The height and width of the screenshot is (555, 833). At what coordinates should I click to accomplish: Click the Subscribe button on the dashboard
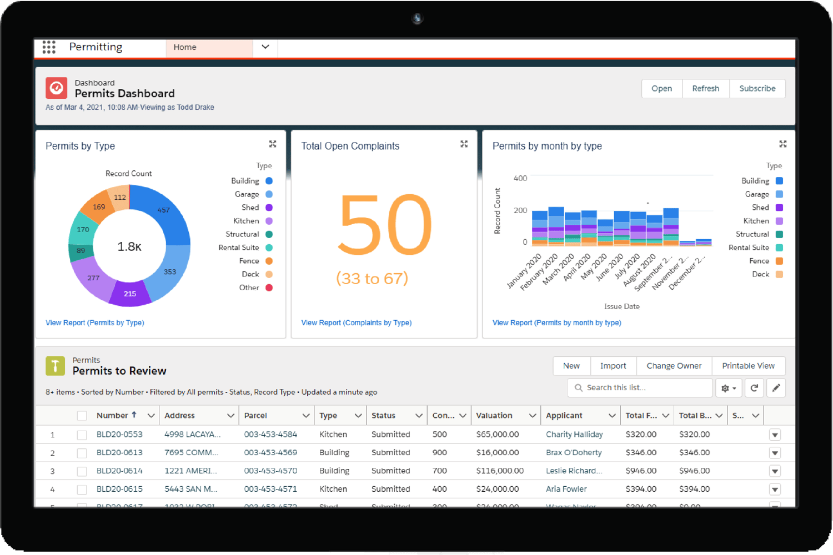(757, 89)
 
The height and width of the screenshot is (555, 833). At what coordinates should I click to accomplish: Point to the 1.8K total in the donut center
(129, 246)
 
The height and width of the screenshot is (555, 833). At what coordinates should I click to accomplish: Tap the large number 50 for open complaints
(385, 225)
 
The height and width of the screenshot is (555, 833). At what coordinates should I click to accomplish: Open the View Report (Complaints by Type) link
(356, 323)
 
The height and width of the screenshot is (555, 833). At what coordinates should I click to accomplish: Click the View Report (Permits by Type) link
(95, 323)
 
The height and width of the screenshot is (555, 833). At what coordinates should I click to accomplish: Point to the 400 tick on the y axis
(520, 178)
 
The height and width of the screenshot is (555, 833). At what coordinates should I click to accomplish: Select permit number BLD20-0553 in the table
(119, 435)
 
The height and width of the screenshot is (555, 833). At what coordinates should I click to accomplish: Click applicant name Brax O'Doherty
(574, 453)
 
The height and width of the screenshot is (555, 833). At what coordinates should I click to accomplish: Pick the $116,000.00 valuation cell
(500, 471)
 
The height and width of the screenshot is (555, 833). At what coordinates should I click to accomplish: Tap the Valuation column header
(494, 416)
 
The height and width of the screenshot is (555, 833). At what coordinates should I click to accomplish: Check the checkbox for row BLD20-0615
(82, 490)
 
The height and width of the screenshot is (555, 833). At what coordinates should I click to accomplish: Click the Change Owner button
(674, 366)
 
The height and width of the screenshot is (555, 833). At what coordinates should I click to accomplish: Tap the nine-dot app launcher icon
(49, 47)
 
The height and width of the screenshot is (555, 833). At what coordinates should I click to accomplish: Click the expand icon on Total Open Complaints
(464, 144)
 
